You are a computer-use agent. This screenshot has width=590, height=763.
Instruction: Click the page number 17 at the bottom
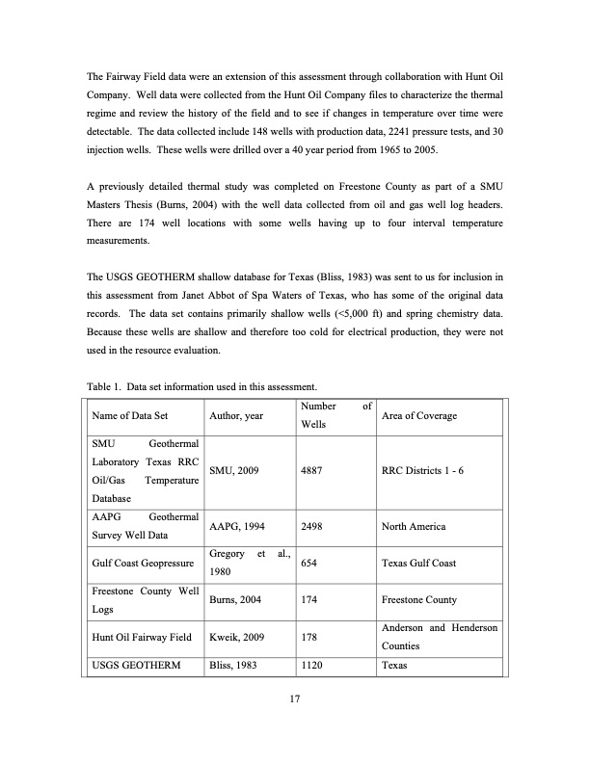[295, 698]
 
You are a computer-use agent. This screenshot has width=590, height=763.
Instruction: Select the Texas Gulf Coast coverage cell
[418, 563]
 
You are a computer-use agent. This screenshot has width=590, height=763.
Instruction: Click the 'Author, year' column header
[240, 416]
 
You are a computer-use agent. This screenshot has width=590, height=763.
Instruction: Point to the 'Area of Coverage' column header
[419, 416]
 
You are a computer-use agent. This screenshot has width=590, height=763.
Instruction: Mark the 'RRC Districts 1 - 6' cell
[429, 472]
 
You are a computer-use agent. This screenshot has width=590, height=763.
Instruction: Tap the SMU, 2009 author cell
[234, 472]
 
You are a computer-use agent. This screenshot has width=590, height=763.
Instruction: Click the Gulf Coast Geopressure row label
[138, 563]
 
